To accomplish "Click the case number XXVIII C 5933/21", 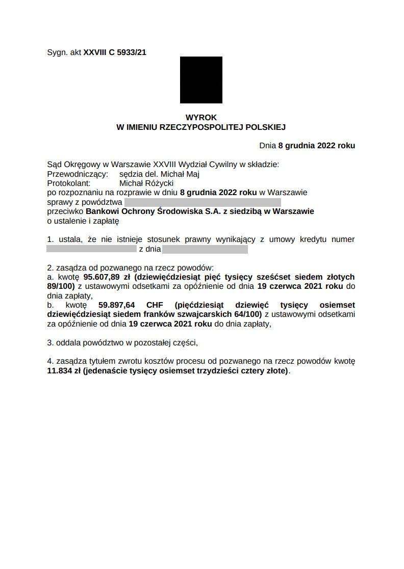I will point(115,52).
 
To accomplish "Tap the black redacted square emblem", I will point(201,80).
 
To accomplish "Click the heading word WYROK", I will point(201,117).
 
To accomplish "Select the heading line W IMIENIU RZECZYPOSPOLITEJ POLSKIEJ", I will point(201,126).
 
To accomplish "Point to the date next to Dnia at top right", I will point(316,146).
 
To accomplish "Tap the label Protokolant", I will point(68,183).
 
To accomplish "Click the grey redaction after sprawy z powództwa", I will point(203,202).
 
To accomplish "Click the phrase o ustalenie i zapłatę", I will point(83,221).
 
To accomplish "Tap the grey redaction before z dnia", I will point(91,249).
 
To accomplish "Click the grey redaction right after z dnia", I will point(205,249).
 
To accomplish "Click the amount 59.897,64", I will point(116,305).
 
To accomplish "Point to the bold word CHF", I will point(154,305).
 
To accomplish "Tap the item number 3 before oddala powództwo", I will point(49,342).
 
